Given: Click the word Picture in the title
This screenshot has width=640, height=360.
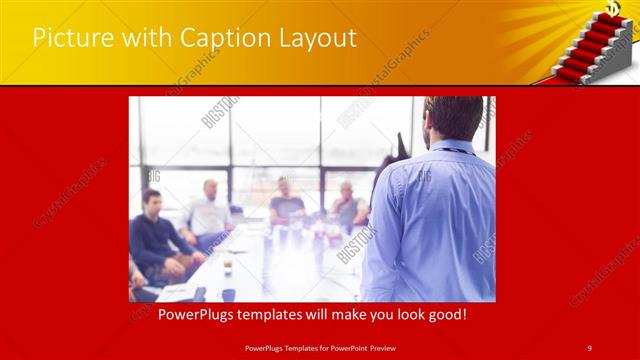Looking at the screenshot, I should (x=68, y=39).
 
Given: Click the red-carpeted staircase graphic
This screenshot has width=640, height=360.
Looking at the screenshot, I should (x=596, y=50).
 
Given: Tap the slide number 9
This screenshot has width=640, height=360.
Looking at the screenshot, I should (x=589, y=347).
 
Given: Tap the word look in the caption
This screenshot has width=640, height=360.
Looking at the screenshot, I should (x=393, y=314).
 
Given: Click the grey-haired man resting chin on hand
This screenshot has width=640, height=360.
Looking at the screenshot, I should (x=348, y=205).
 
